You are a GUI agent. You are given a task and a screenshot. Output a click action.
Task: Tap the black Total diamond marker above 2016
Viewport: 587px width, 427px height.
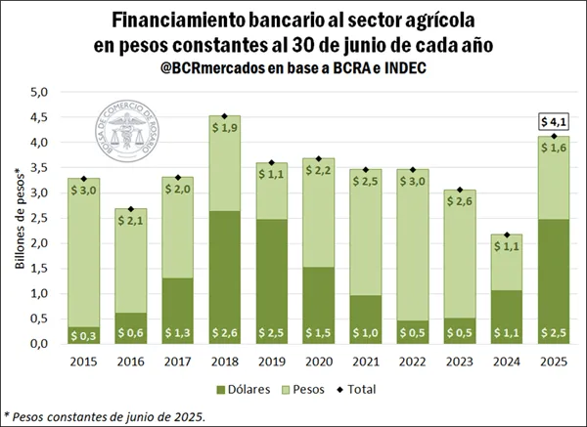[x=130, y=208]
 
